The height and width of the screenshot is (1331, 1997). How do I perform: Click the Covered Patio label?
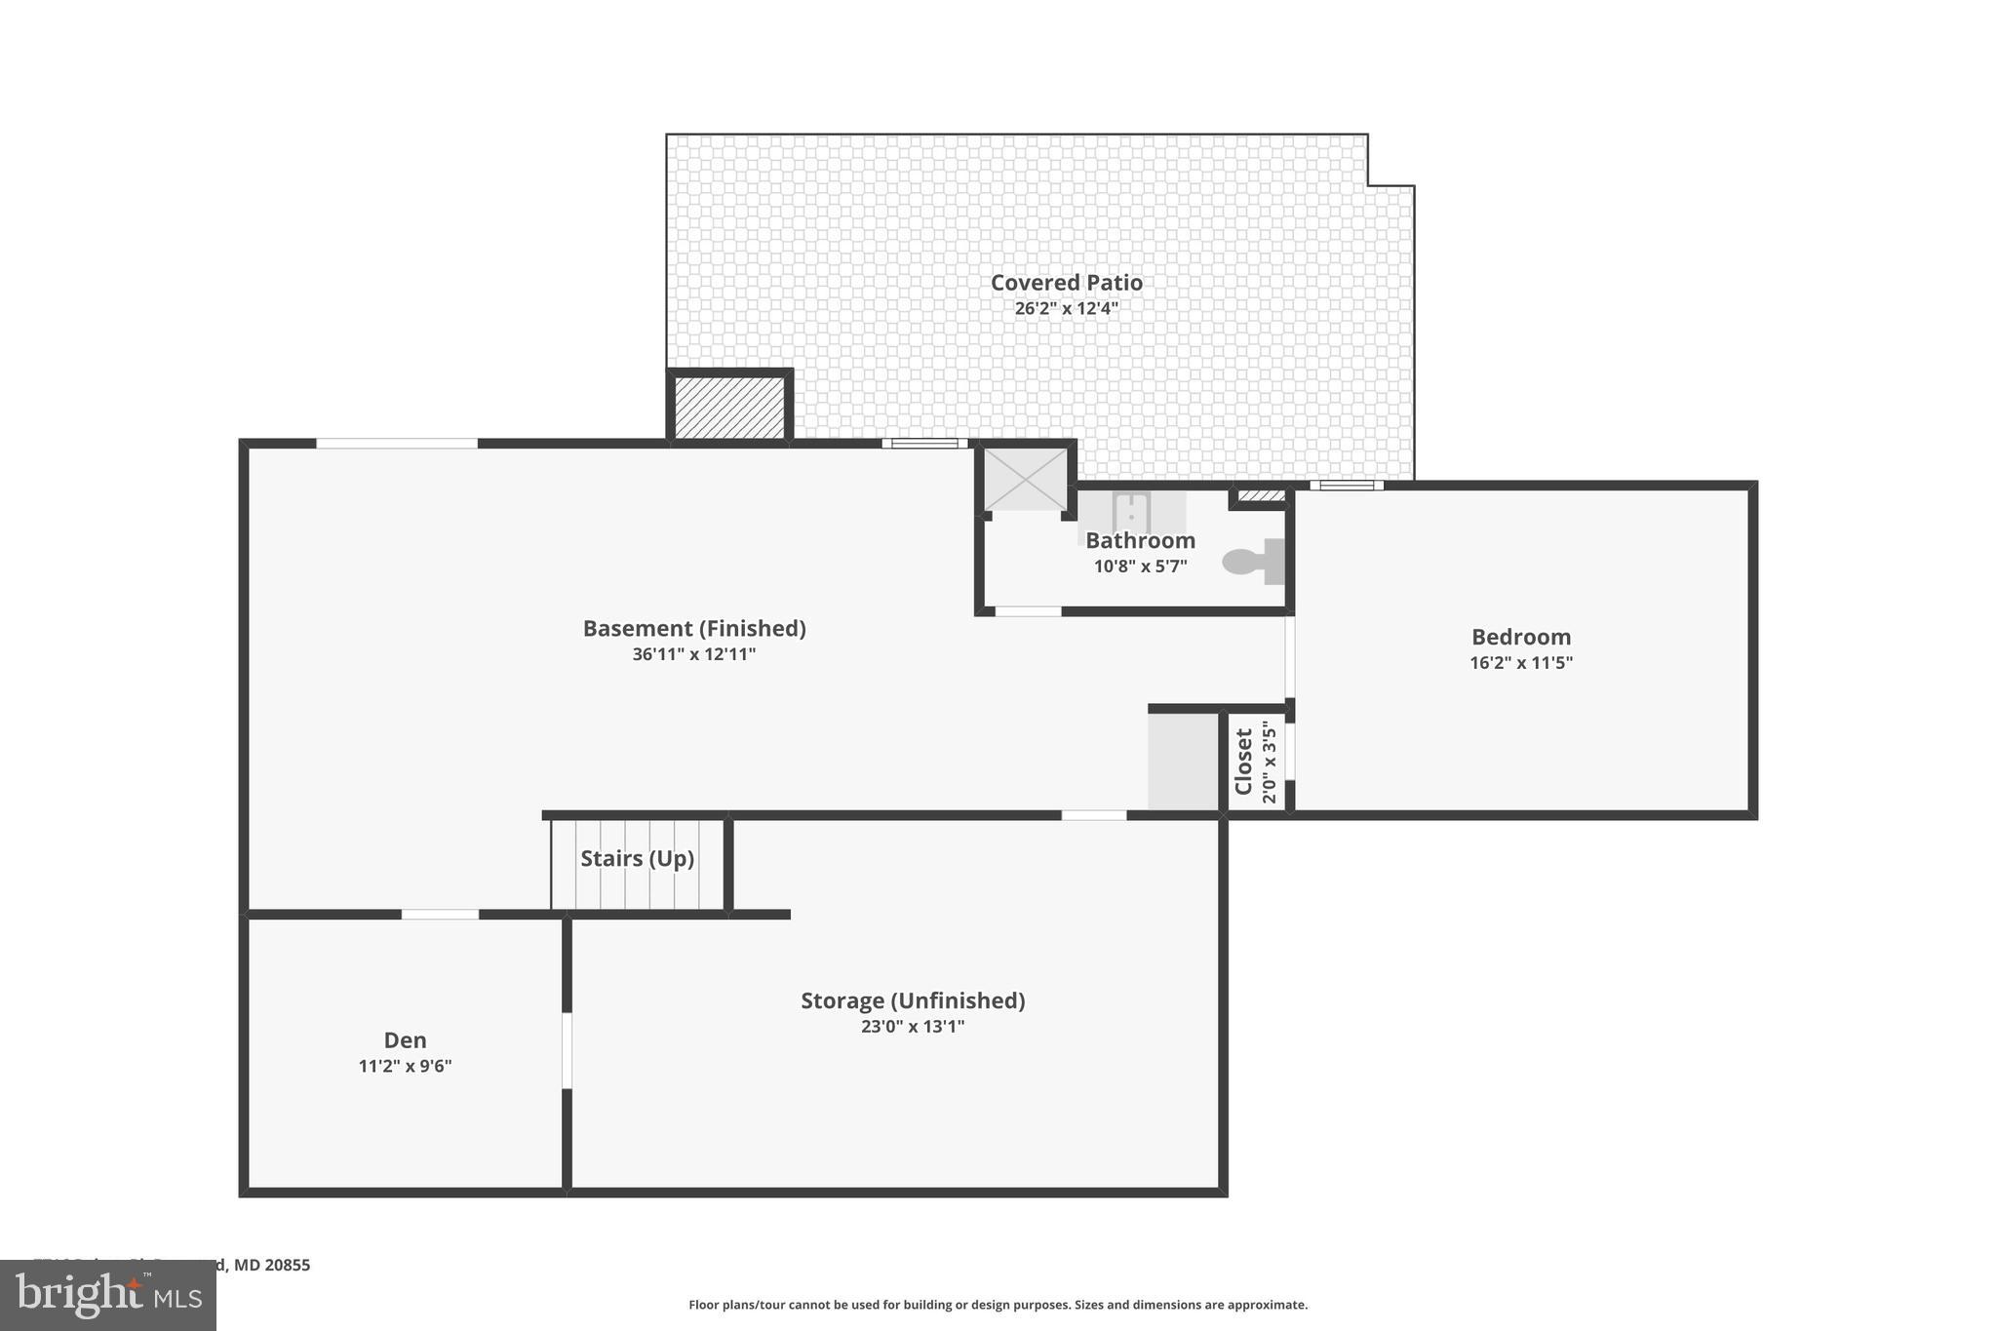pos(1066,283)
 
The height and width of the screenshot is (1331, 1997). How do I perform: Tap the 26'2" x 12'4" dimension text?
pos(1066,309)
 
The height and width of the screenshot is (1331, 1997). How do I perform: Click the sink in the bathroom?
pos(1131,511)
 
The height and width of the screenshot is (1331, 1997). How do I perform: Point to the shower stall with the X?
pos(1025,479)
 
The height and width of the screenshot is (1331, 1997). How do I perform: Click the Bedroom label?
pos(1520,638)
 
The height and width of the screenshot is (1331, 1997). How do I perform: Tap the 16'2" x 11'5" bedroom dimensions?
pos(1520,663)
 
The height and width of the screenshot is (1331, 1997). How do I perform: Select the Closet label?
pos(1244,762)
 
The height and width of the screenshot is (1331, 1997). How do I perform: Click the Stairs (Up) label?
pos(637,859)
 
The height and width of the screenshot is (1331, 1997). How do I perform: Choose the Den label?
pos(405,1040)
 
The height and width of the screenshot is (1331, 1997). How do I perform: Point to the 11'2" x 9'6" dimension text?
pos(405,1067)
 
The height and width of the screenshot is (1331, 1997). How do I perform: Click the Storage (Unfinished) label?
pos(912,1001)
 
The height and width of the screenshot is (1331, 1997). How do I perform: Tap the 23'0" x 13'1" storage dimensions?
pos(912,1027)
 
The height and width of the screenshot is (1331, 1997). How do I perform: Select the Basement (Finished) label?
pos(694,629)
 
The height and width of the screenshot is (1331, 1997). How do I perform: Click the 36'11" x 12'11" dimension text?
pos(694,654)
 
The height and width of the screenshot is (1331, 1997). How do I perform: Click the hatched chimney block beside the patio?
pos(729,407)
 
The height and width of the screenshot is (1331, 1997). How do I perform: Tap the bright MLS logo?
pos(108,1295)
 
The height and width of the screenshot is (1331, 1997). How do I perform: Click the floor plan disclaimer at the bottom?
pos(998,1305)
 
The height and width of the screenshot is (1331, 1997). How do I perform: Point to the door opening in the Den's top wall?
pos(440,915)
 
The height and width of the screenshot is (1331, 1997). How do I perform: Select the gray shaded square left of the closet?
pos(1183,762)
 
